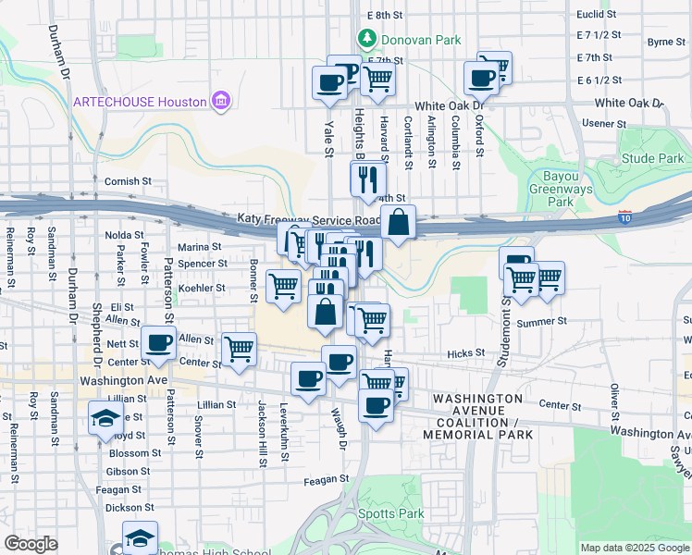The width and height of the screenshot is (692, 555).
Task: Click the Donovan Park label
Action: (409, 40)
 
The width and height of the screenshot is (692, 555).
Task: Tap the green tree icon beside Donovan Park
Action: (367, 39)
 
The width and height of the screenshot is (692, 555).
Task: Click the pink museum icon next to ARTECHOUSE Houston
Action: (221, 100)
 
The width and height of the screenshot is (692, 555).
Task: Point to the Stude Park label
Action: (652, 158)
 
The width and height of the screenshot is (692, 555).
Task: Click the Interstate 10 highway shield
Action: (626, 218)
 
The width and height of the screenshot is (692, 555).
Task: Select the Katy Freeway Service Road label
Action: (309, 219)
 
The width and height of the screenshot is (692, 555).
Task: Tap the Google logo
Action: (31, 544)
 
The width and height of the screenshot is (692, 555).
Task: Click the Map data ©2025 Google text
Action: (634, 548)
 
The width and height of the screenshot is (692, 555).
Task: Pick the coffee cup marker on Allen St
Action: (158, 343)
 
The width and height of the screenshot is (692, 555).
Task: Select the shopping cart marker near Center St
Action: (239, 349)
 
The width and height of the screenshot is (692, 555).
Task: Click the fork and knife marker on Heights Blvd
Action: (368, 179)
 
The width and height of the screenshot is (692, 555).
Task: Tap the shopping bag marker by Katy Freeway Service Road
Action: (397, 223)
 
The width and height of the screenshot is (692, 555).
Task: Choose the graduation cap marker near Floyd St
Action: (105, 417)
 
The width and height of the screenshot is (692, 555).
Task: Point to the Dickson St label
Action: (123, 507)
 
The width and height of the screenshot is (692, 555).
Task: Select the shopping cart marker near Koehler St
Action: (283, 286)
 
